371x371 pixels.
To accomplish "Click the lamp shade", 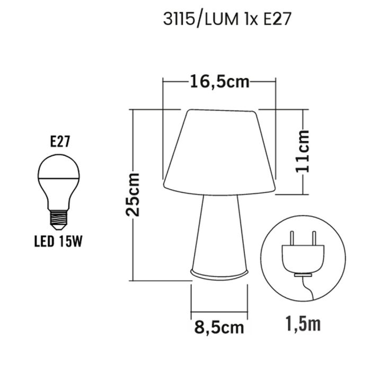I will click(219, 148).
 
